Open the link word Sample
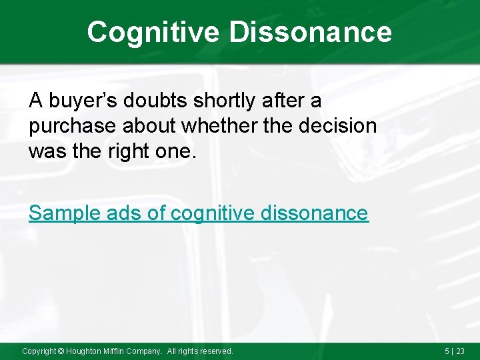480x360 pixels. click(x=64, y=213)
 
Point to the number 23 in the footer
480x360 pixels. click(x=460, y=351)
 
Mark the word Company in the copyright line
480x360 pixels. click(x=146, y=351)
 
